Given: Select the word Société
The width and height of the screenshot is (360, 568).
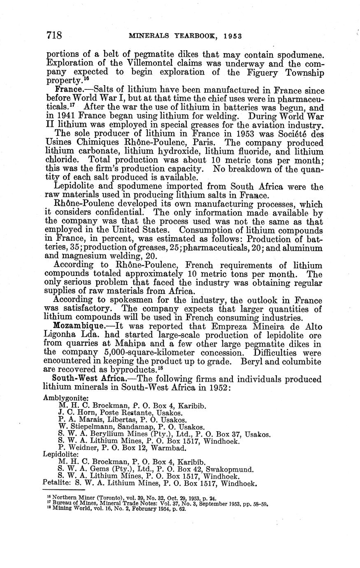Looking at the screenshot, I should [x=291, y=135].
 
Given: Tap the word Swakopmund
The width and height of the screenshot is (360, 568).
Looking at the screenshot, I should [x=232, y=469].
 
